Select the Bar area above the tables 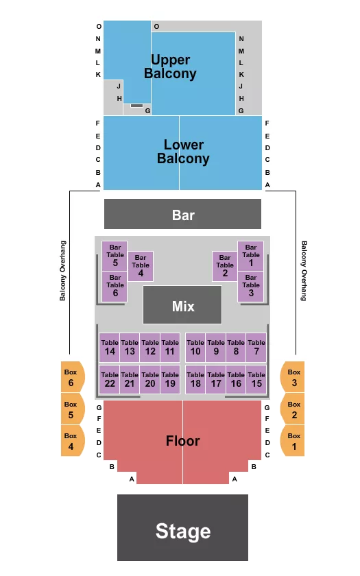[182, 214]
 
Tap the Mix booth [182, 305]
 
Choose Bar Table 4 [141, 266]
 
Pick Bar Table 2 [225, 266]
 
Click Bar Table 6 [115, 286]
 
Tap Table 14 [110, 348]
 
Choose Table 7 [256, 348]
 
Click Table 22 [110, 379]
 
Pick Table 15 [256, 379]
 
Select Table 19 [170, 379]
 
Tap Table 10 [195, 348]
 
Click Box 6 [71, 376]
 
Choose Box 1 [293, 440]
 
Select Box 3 [293, 376]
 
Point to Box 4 [71, 440]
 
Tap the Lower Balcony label [183, 152]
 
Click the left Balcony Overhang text [63, 271]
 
